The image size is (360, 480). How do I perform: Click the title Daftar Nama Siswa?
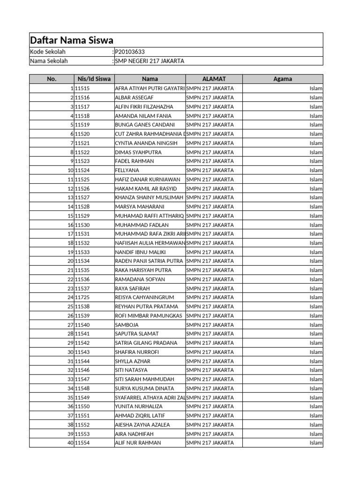coord(72,40)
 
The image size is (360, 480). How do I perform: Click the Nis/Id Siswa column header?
coord(94,79)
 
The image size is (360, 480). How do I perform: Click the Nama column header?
coord(150,79)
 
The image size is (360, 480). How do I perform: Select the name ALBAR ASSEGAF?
coord(134,97)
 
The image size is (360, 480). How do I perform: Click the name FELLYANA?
coord(127,170)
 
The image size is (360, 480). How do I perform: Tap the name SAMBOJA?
coord(127,325)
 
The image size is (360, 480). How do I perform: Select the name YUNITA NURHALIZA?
coord(139,406)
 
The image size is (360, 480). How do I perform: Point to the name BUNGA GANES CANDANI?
coord(145,125)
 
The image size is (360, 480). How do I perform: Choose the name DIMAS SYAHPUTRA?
coord(138,152)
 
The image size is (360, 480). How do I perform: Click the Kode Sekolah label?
coord(48,52)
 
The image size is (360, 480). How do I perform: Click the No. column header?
coord(52,79)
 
